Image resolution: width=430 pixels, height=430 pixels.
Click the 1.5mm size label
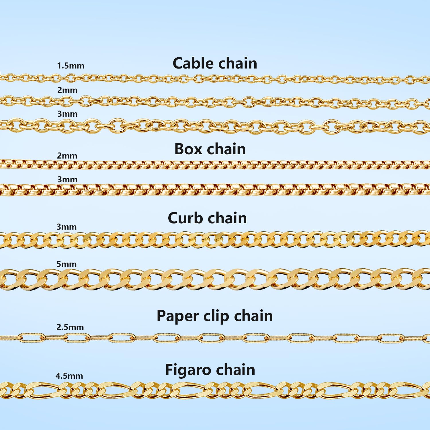(71, 66)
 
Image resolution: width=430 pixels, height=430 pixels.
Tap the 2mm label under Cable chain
(67, 90)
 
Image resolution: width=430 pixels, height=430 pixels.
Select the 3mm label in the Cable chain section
(67, 114)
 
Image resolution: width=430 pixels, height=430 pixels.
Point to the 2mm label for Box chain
(67, 156)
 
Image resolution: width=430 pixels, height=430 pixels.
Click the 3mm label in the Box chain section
(67, 179)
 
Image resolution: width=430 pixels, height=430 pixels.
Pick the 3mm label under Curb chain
(67, 227)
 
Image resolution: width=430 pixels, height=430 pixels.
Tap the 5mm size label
(67, 264)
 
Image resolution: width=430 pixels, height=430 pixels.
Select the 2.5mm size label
(70, 327)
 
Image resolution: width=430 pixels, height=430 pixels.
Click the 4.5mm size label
(69, 376)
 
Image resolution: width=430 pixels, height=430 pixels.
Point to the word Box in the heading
(188, 149)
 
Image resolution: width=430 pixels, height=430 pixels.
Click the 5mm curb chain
(215, 279)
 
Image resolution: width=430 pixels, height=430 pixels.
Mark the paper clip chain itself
(215, 338)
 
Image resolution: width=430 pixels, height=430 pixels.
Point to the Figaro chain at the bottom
(215, 390)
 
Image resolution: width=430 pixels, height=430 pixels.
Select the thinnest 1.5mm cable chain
(215, 78)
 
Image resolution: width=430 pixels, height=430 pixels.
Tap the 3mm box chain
(215, 190)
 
